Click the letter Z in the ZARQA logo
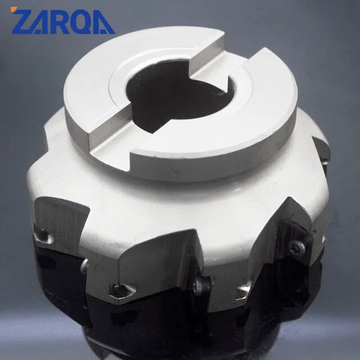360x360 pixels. click(x=22, y=21)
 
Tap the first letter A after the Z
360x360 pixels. click(x=43, y=22)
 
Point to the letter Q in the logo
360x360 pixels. click(x=82, y=22)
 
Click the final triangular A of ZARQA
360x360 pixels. click(x=103, y=23)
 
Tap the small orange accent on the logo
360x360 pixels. click(x=13, y=9)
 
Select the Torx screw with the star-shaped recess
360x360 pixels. click(x=297, y=249)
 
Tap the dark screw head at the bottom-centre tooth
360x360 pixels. click(x=202, y=285)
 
